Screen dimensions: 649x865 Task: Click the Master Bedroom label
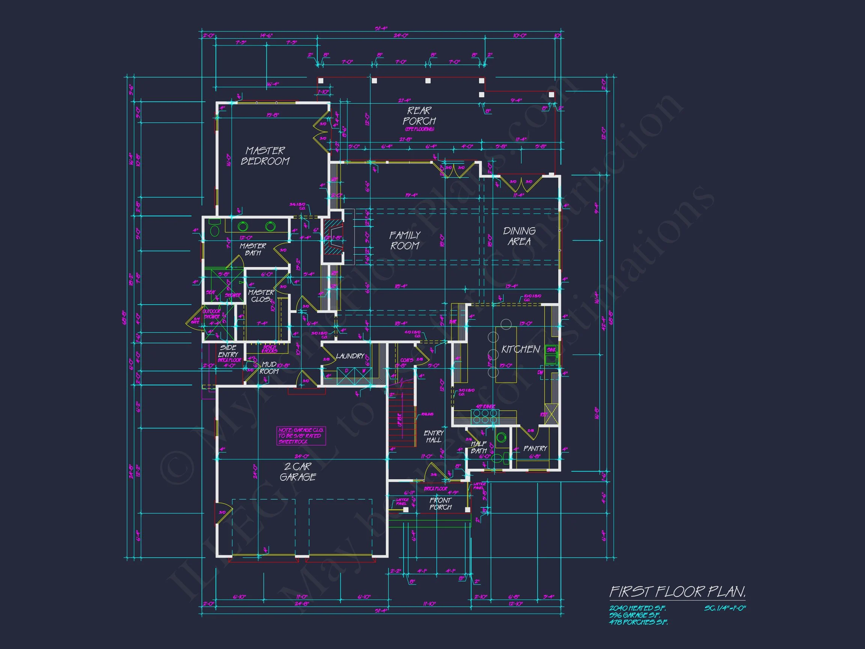[x=265, y=156]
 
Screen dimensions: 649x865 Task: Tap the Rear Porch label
[x=419, y=116]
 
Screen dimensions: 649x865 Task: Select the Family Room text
[x=405, y=240]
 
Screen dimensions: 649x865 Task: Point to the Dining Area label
[x=519, y=236]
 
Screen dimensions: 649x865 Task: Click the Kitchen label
[x=520, y=349]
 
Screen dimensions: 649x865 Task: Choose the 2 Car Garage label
[x=298, y=471]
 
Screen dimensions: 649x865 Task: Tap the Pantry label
[x=535, y=448]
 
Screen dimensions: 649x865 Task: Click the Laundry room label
[x=350, y=356]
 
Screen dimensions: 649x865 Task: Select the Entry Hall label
[x=434, y=436]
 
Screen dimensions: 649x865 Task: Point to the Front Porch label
[x=441, y=504]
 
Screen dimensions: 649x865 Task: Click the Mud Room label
[x=269, y=368]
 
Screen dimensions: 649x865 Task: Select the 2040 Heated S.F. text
[x=637, y=608]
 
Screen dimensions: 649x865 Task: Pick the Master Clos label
[x=261, y=296]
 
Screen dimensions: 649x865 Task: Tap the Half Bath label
[x=479, y=447]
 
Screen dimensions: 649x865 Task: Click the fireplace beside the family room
[x=332, y=237]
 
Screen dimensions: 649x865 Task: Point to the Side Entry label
[x=228, y=351]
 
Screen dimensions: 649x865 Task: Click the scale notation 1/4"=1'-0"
[x=725, y=608]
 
